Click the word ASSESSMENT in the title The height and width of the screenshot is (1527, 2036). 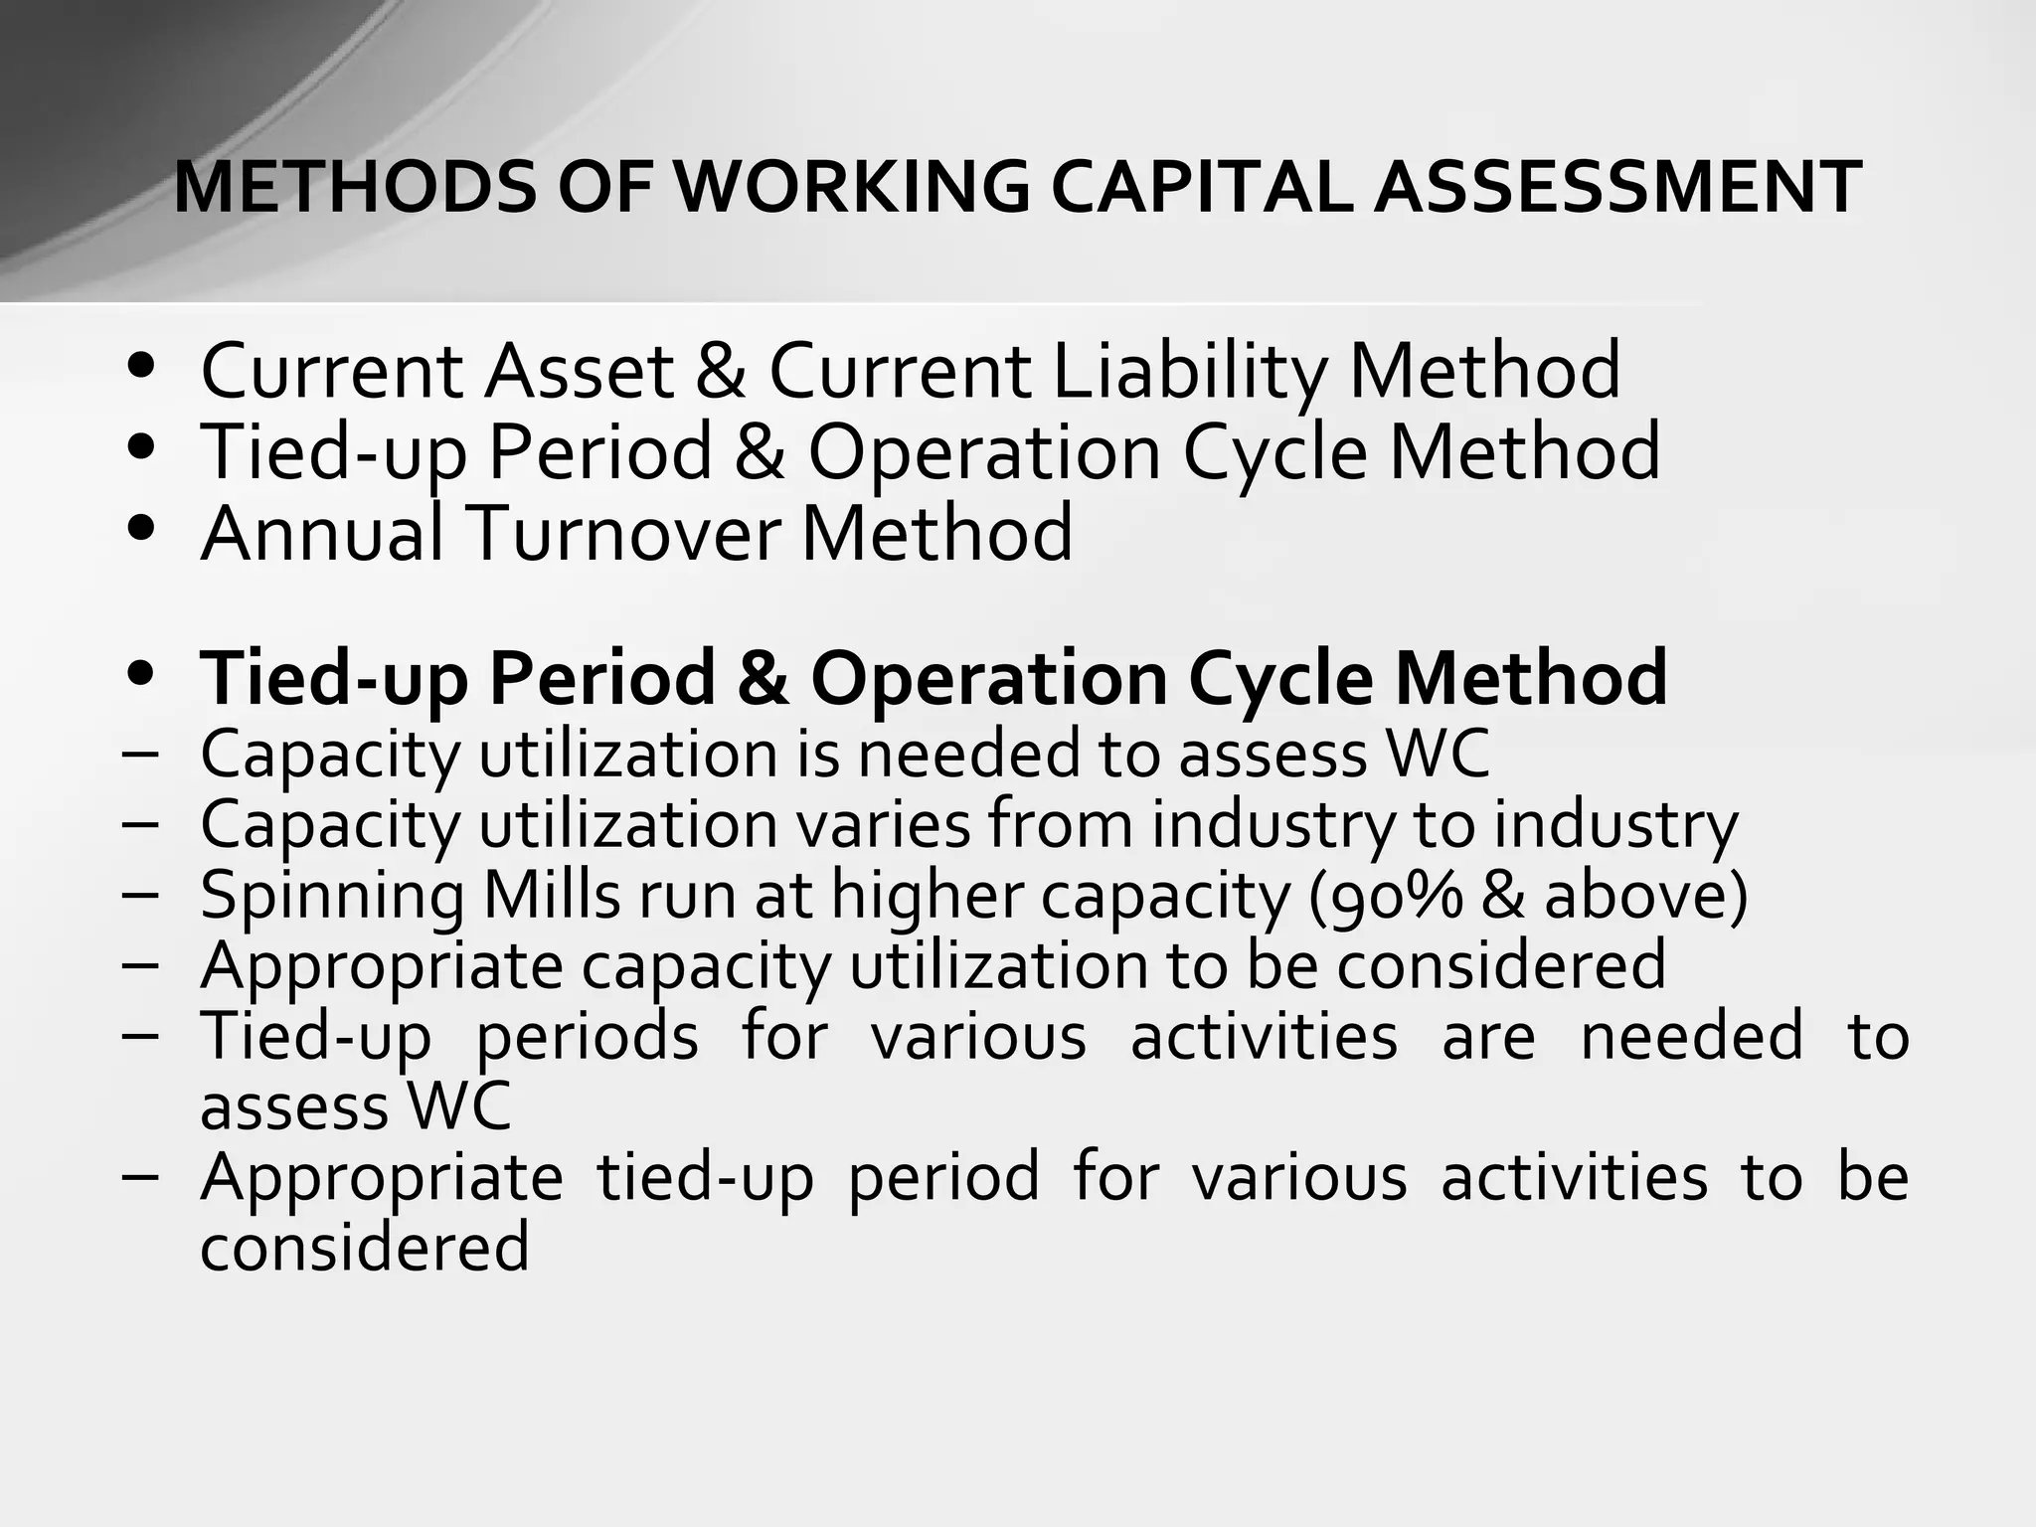tap(1616, 187)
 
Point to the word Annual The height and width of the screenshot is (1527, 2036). tap(321, 533)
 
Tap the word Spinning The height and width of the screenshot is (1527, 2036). tap(331, 896)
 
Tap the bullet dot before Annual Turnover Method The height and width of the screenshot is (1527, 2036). tap(142, 527)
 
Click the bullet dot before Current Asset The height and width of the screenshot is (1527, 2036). tap(142, 366)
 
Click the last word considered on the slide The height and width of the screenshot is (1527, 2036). tap(364, 1248)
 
